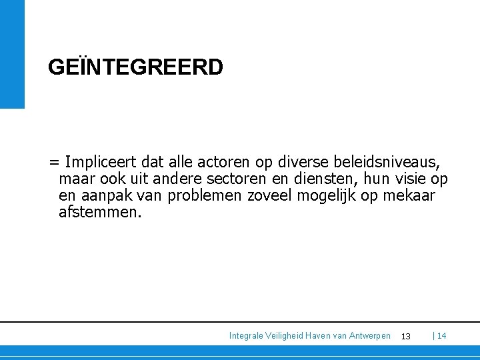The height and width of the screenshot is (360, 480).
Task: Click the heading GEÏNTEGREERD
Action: [135, 67]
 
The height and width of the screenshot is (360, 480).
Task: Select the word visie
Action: [411, 179]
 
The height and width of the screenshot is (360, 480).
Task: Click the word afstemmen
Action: [100, 213]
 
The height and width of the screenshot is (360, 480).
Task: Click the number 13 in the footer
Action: [405, 336]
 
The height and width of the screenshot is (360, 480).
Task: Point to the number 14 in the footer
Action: [441, 336]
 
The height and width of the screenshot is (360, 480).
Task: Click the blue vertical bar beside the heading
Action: [12, 53]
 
